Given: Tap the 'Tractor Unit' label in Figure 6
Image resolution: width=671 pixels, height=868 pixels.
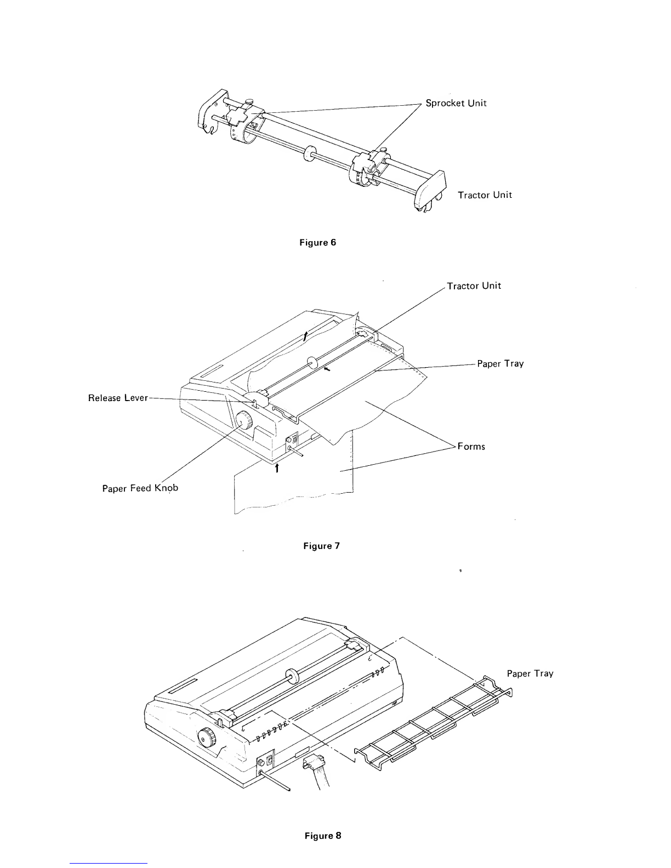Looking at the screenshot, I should (485, 195).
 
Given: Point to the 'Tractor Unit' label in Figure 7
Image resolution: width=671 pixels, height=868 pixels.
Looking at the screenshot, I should (474, 286).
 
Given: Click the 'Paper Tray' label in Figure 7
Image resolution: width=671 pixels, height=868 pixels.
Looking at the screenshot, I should (500, 363).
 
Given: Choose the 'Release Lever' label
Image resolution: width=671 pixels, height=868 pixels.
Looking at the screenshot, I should (118, 398).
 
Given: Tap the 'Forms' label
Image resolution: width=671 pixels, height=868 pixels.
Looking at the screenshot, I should (471, 446).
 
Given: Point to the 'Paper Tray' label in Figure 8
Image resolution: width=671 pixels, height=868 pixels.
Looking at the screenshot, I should (530, 673).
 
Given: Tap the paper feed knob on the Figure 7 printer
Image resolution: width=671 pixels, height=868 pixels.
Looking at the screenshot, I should (244, 422).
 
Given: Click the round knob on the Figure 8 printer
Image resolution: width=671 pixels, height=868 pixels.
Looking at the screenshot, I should (208, 739).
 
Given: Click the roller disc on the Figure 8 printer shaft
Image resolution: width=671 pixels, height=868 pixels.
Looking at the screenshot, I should (292, 676).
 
